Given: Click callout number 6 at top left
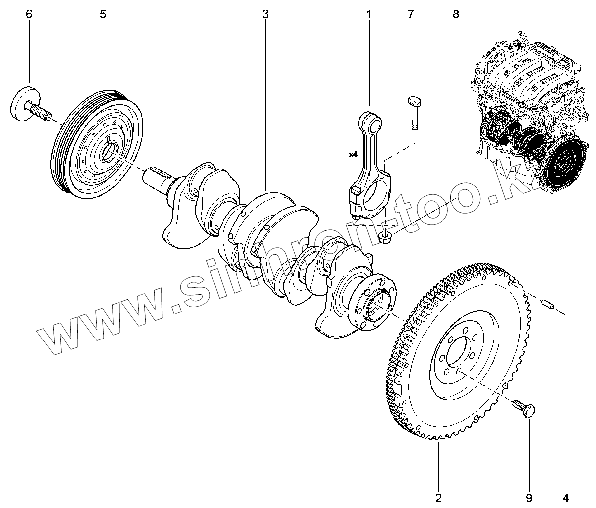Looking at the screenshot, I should pyautogui.click(x=29, y=14).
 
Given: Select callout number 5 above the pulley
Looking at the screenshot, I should pyautogui.click(x=103, y=14).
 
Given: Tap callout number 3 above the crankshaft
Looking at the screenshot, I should pyautogui.click(x=266, y=14).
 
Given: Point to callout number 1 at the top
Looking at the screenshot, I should pyautogui.click(x=369, y=14).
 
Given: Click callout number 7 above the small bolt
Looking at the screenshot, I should pyautogui.click(x=411, y=14).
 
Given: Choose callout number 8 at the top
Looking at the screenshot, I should pyautogui.click(x=456, y=14).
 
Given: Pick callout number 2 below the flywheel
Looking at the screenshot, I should pyautogui.click(x=438, y=498).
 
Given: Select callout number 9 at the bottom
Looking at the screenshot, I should pyautogui.click(x=529, y=498).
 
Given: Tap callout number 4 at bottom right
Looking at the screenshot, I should pyautogui.click(x=565, y=498).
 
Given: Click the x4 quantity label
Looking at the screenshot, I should pyautogui.click(x=353, y=155).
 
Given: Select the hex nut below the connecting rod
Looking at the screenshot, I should pyautogui.click(x=386, y=237).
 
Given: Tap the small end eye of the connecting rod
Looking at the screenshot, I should pyautogui.click(x=368, y=120).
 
